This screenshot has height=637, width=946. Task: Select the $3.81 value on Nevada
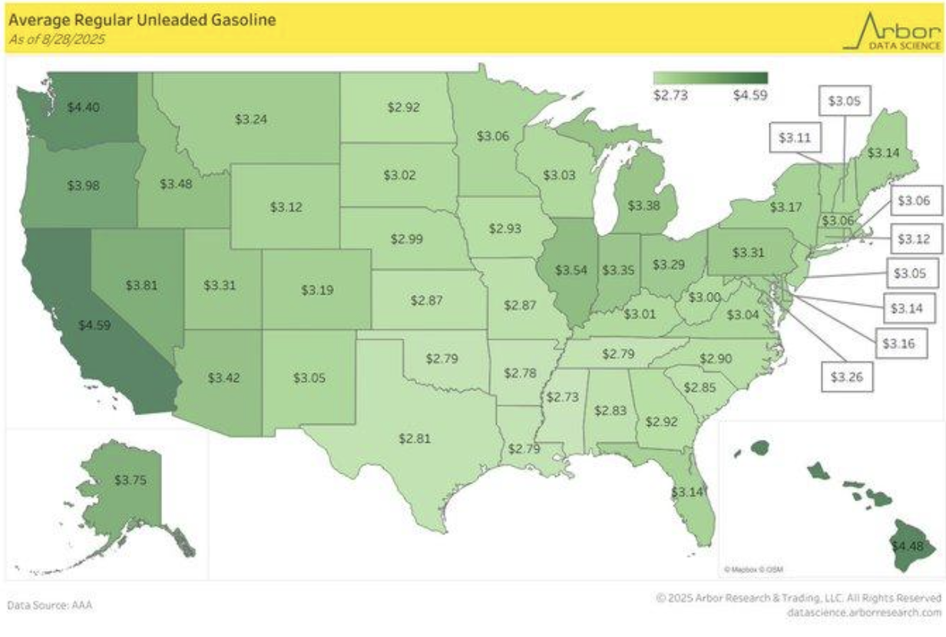pyautogui.click(x=141, y=285)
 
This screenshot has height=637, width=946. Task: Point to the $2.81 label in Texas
pyautogui.click(x=415, y=438)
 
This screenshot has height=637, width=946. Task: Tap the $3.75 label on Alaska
pyautogui.click(x=130, y=480)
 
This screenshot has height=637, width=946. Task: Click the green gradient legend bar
pyautogui.click(x=710, y=78)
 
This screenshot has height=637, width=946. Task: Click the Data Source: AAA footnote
pyautogui.click(x=49, y=606)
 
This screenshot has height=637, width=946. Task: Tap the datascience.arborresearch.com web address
pyautogui.click(x=864, y=612)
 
